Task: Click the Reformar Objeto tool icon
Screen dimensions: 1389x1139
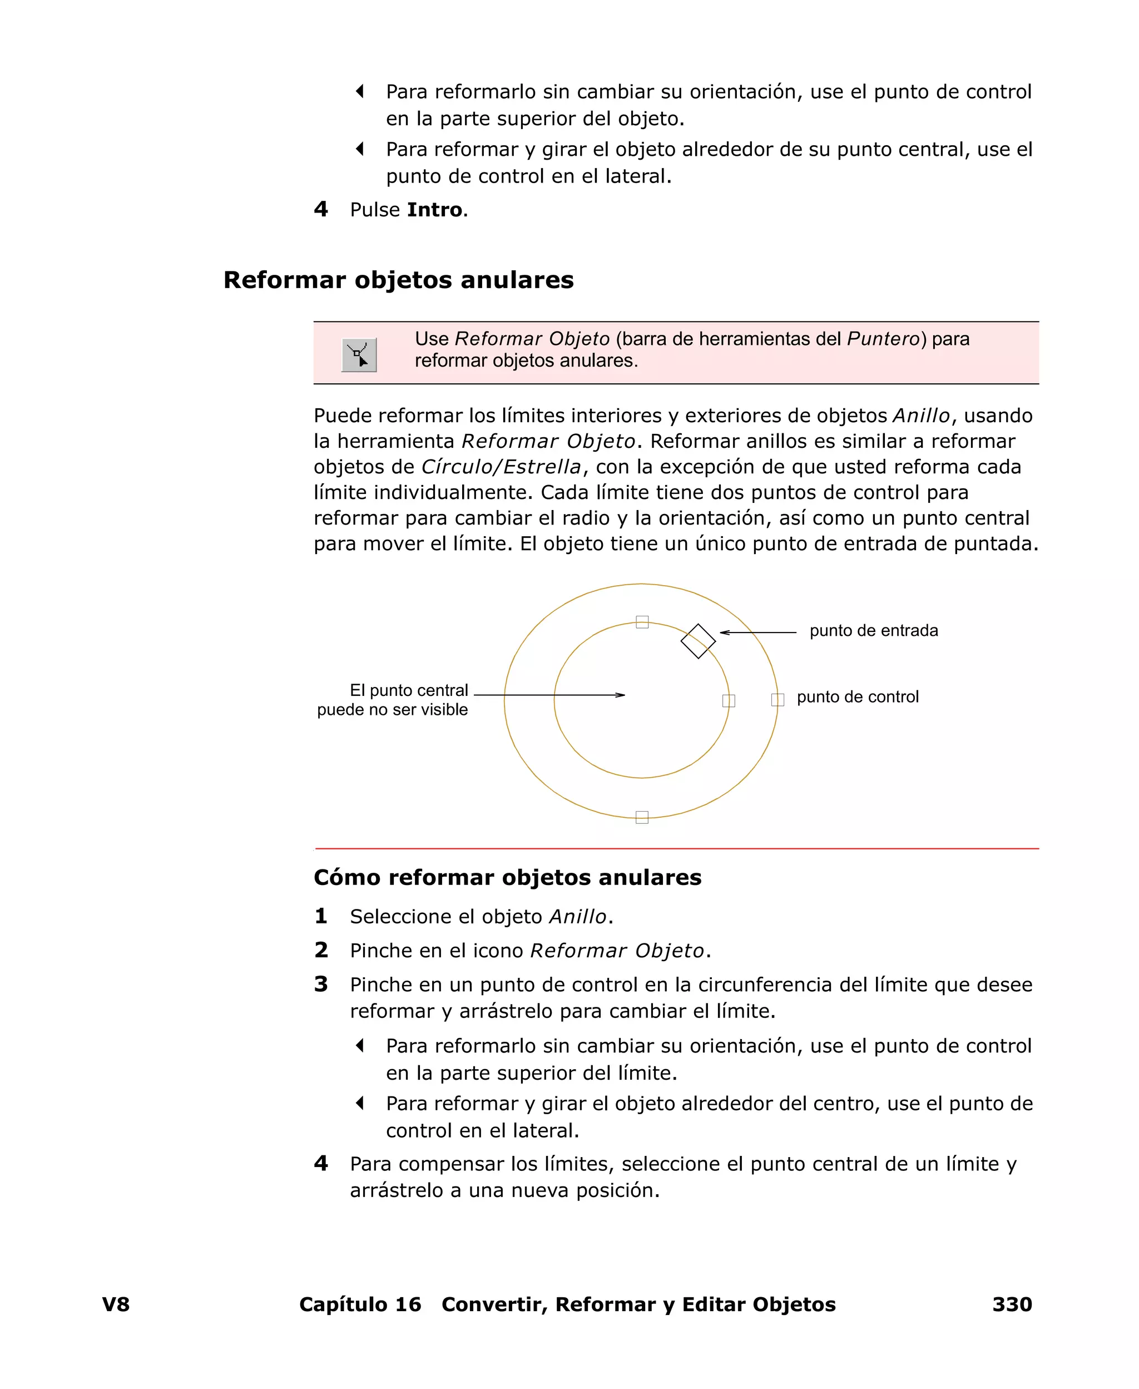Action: pyautogui.click(x=359, y=355)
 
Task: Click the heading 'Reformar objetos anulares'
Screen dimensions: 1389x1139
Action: pyautogui.click(x=398, y=280)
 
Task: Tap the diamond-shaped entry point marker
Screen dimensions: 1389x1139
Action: pyautogui.click(x=698, y=641)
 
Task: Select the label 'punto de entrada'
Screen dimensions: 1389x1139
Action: pyautogui.click(x=873, y=630)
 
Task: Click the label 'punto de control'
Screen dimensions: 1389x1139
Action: pyautogui.click(x=858, y=697)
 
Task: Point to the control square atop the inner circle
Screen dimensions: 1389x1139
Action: pyautogui.click(x=642, y=622)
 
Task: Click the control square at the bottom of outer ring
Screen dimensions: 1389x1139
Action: pyautogui.click(x=642, y=817)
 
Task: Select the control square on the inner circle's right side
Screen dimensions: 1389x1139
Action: pyautogui.click(x=728, y=701)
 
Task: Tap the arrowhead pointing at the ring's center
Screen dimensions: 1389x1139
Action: pyautogui.click(x=621, y=695)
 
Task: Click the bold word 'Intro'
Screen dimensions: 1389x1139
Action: pyautogui.click(x=434, y=210)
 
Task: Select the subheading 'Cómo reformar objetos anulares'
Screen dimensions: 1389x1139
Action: pyautogui.click(x=507, y=877)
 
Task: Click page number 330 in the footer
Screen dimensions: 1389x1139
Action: pyautogui.click(x=1012, y=1304)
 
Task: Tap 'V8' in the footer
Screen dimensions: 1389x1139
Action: pyautogui.click(x=116, y=1304)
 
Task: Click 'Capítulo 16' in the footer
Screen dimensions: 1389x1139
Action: pyautogui.click(x=360, y=1304)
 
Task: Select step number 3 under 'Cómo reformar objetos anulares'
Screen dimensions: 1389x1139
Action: pyautogui.click(x=321, y=984)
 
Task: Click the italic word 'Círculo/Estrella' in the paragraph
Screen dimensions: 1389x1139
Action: pyautogui.click(x=501, y=467)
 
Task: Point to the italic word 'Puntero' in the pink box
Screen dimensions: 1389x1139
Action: pyautogui.click(x=884, y=339)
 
